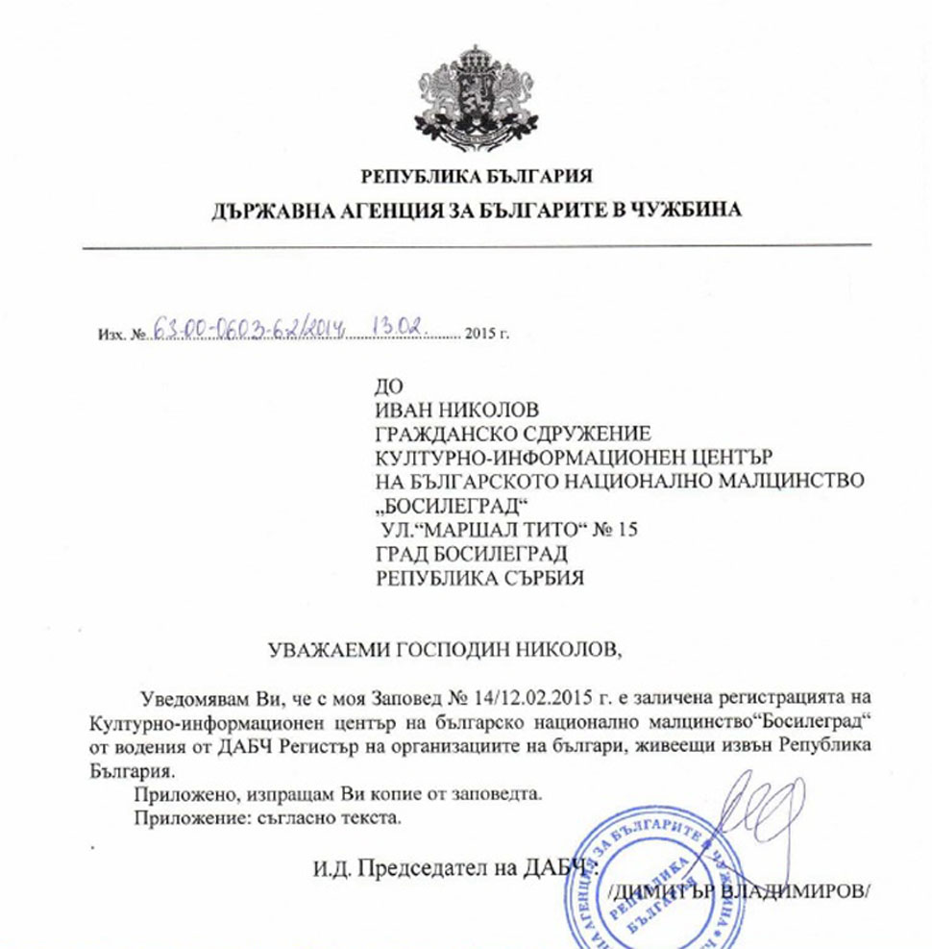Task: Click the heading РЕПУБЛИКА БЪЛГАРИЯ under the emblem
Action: pos(477,176)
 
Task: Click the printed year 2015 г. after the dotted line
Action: pos(486,335)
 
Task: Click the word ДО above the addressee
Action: pos(387,387)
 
